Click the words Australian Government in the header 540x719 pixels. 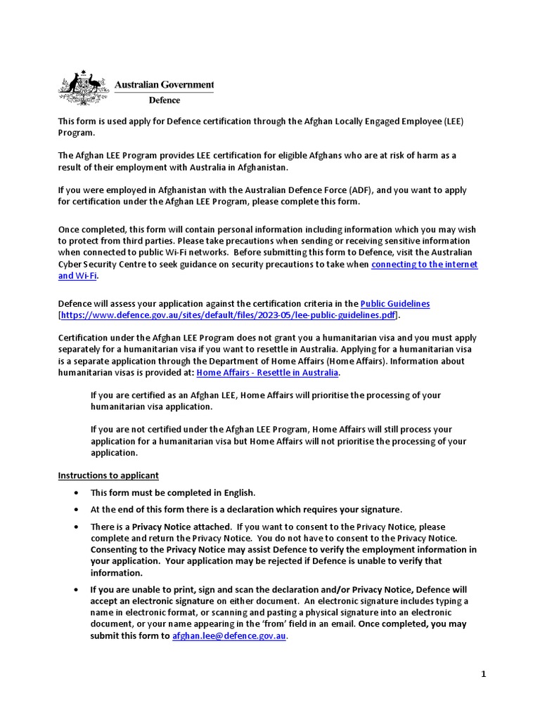164,85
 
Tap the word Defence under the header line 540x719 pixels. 164,100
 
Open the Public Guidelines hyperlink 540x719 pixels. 394,303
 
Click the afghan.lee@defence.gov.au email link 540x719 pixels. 229,635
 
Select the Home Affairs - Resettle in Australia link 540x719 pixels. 267,372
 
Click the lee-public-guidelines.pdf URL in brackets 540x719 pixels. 229,315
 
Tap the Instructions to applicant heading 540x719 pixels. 108,475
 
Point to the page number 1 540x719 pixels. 483,674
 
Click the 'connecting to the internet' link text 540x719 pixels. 424,264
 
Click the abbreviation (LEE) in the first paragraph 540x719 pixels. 454,121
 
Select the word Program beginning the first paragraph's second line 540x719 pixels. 75,133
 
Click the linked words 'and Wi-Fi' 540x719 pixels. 77,276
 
